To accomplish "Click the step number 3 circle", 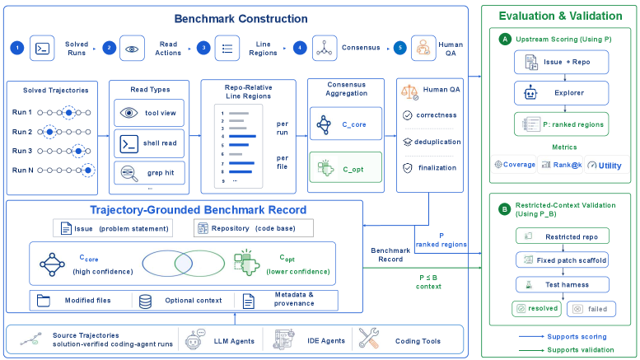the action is coord(203,48).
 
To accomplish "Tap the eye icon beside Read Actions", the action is coord(132,49).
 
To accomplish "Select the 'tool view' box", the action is coord(149,113).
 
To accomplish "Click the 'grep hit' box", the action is coord(149,173).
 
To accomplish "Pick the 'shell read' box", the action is coord(149,143).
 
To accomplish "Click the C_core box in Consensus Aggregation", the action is coord(346,124).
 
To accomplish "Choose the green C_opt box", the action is coord(346,167).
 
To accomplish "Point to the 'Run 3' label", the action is coord(22,151).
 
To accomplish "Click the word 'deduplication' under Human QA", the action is coord(437,142).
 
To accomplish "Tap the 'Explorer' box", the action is coord(561,93).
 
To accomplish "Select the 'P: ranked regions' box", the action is coord(561,124).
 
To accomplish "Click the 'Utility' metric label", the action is coord(610,166).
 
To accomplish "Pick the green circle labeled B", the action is coord(504,209).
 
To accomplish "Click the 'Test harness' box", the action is coord(563,284).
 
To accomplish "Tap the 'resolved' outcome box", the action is coord(537,309).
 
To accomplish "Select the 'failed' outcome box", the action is coord(591,309).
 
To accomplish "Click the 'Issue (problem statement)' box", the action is coord(113,228).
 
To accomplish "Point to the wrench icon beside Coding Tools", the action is coord(369,339).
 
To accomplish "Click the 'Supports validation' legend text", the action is coord(581,350).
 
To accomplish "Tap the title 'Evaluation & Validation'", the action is coord(560,16).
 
